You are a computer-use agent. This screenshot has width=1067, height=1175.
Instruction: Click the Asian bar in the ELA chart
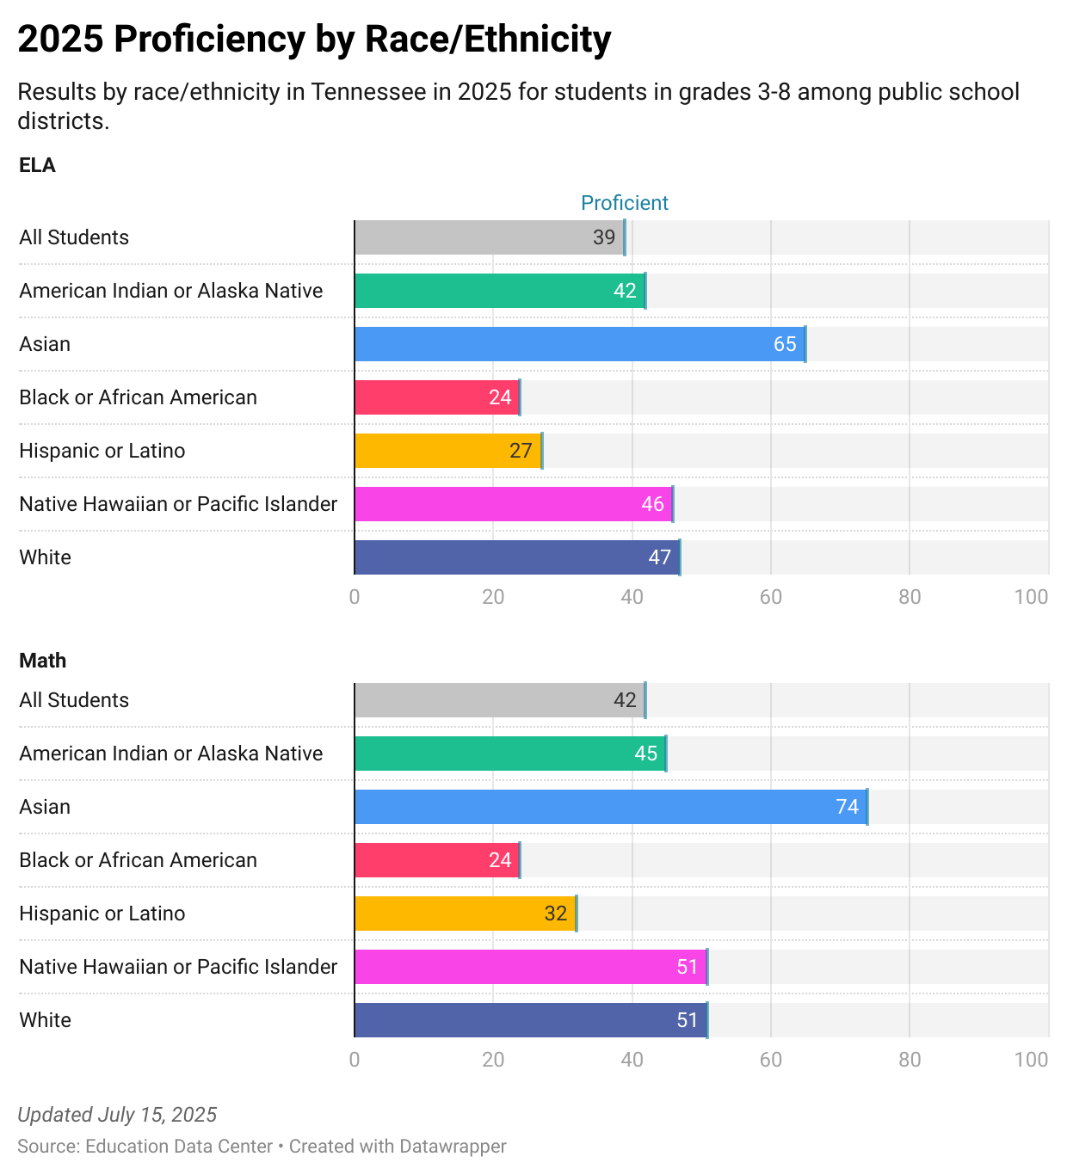[x=579, y=344]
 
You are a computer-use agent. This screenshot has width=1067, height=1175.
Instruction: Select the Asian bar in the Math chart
[x=610, y=807]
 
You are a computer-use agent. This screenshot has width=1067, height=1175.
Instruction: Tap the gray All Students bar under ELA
[x=489, y=237]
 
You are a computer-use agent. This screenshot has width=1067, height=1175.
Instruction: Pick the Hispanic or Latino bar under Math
[x=465, y=914]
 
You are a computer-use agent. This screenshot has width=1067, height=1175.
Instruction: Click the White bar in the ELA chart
[x=516, y=557]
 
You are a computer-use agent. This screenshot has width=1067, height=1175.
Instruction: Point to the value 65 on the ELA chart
[x=785, y=344]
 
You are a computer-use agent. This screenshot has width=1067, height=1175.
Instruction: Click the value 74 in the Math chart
[x=847, y=807]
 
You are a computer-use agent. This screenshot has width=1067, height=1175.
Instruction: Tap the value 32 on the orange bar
[x=556, y=914]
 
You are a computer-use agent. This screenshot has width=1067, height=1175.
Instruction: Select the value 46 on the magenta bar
[x=652, y=504]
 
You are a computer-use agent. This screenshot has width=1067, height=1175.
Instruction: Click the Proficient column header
[x=625, y=203]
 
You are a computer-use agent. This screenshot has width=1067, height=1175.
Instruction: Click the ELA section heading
[x=37, y=165]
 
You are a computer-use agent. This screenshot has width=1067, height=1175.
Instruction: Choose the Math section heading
[x=42, y=661]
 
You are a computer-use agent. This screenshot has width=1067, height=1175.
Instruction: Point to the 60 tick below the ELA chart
[x=770, y=597]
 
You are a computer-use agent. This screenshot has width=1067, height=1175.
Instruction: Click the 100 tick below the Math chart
[x=1031, y=1060]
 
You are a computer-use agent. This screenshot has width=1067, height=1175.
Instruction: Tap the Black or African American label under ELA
[x=138, y=397]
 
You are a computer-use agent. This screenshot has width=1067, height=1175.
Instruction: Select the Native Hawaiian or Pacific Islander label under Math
[x=178, y=967]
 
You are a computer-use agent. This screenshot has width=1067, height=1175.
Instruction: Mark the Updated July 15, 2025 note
[x=117, y=1115]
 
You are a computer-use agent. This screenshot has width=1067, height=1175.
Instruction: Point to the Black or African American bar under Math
[x=437, y=860]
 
